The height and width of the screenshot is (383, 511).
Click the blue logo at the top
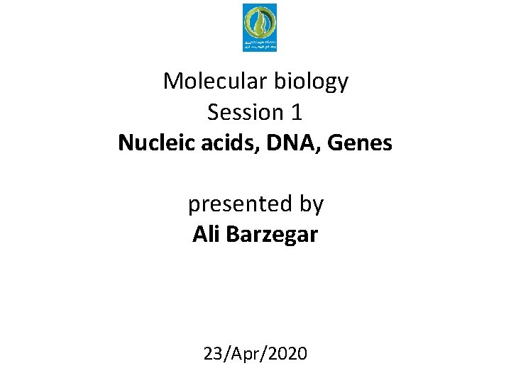tap(260, 28)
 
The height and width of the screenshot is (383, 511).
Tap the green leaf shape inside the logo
tap(260, 23)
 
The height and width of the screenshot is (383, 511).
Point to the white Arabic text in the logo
tap(260, 44)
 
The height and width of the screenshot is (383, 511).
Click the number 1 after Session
tap(297, 112)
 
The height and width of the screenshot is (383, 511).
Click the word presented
tap(233, 204)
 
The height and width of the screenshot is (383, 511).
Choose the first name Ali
tap(206, 235)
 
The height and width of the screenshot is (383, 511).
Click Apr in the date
tap(246, 353)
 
